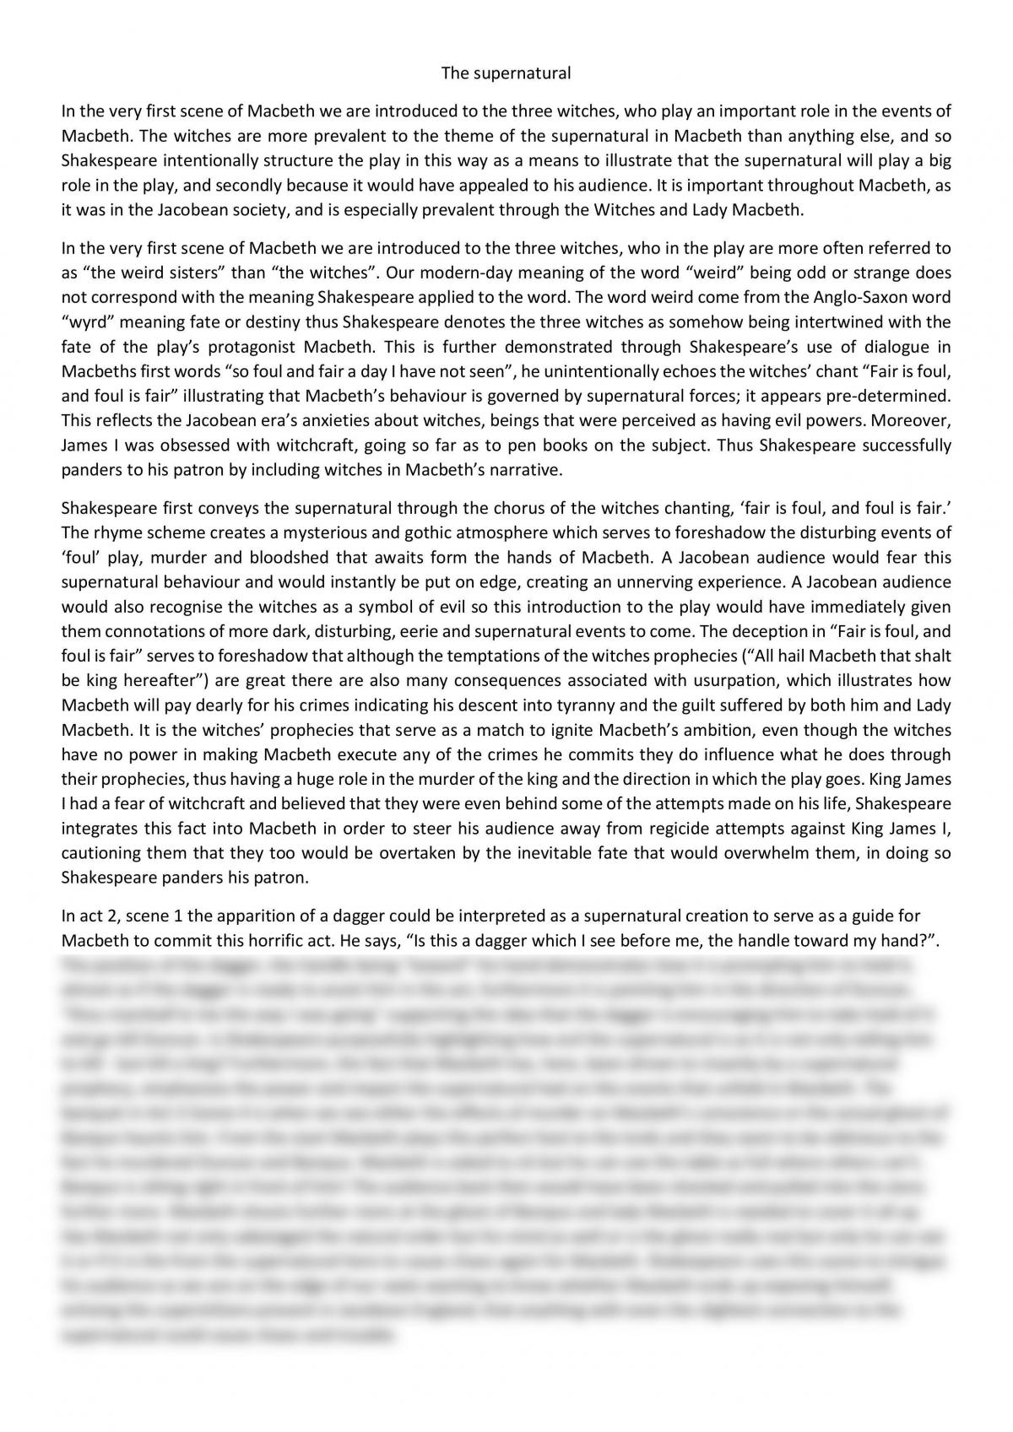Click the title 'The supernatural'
pos(506,73)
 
